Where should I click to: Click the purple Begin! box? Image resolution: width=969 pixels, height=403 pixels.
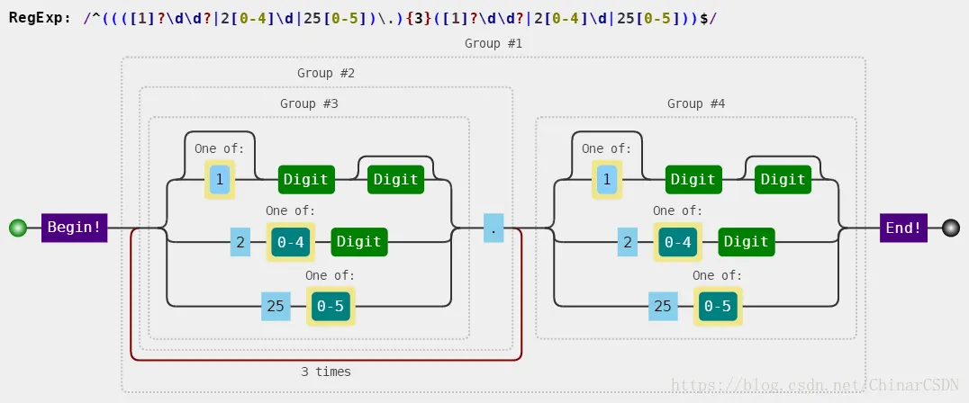point(74,227)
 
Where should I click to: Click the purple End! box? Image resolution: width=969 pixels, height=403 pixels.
point(903,228)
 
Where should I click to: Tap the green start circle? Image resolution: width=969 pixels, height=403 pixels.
point(19,228)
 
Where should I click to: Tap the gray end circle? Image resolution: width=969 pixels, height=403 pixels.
point(951,228)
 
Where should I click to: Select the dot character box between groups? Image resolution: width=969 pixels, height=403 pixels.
point(494,228)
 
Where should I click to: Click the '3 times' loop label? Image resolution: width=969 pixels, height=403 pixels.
point(326,372)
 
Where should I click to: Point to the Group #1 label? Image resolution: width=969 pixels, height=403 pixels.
point(494,43)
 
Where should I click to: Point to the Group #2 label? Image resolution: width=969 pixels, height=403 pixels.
point(326,73)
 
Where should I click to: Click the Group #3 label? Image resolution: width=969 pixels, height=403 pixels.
point(309,103)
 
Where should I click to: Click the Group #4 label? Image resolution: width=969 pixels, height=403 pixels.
point(696,103)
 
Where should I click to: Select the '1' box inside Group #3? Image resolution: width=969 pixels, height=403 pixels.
point(220,180)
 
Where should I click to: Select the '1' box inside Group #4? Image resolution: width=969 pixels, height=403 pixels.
point(607,180)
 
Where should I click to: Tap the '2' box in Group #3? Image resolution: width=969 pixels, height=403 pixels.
point(240,242)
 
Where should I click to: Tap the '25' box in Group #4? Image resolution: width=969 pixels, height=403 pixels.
point(663,306)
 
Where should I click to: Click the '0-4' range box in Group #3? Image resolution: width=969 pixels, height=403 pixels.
point(291,242)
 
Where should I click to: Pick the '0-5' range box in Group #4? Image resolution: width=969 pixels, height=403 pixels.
point(718,306)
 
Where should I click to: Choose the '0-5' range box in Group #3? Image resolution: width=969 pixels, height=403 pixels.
point(331,306)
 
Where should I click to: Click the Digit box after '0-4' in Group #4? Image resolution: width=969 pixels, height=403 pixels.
point(746,242)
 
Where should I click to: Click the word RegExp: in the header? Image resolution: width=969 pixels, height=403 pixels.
point(41,17)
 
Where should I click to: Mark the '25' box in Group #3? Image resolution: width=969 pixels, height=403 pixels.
point(276,306)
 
